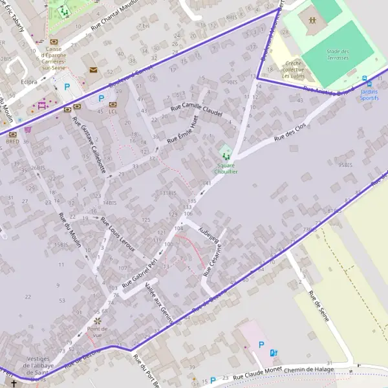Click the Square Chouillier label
click(x=226, y=169)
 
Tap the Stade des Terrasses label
click(x=337, y=54)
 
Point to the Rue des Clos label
click(x=289, y=126)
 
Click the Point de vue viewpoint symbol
click(x=98, y=320)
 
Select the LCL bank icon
click(x=113, y=103)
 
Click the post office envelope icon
click(x=93, y=70)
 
